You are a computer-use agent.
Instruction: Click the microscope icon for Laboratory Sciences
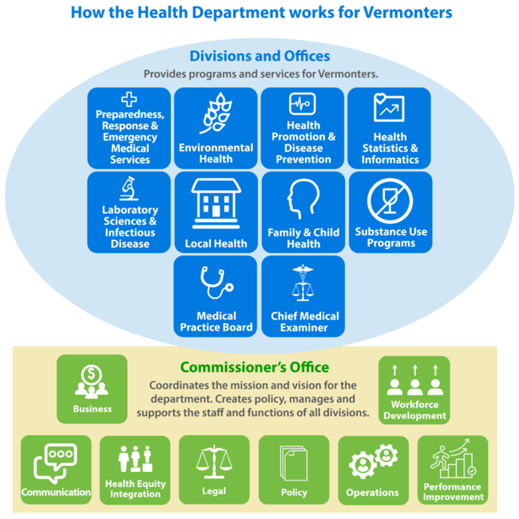128,189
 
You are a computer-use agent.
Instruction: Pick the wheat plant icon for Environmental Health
216,114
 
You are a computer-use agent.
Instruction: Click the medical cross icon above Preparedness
129,100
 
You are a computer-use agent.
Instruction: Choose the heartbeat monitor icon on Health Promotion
303,104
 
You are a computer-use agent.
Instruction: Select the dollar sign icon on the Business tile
92,380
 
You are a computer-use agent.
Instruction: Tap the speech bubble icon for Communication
55,462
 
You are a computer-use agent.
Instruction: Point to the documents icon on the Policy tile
294,462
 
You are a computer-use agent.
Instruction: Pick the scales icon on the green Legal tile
214,462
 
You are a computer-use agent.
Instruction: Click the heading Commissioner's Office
254,367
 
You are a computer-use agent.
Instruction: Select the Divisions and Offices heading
259,57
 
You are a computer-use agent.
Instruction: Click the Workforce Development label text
414,410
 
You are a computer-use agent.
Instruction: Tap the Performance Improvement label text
453,492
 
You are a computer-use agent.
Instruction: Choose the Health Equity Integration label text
135,489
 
